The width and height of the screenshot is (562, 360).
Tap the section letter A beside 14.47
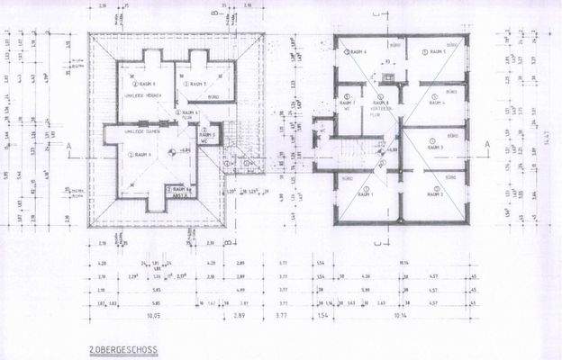point(486,143)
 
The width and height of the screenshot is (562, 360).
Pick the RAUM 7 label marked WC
point(348,103)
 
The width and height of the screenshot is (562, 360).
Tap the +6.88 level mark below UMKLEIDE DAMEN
point(183,150)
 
